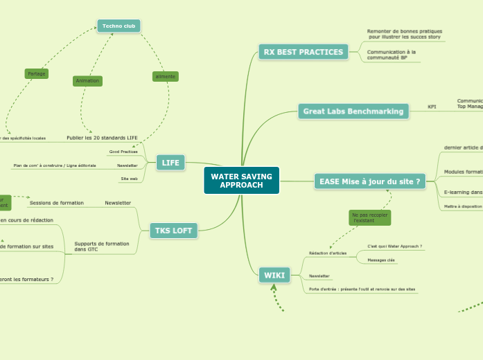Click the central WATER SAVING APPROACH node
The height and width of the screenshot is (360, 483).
pos(241,181)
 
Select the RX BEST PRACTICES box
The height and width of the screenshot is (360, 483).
pos(303,52)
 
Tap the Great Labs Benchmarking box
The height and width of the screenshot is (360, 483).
pos(353,111)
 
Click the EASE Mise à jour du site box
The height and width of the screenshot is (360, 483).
pos(369,181)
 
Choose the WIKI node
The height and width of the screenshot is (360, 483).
pos(274,275)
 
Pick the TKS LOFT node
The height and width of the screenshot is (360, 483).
pos(173,231)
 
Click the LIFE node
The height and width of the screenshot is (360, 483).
pos(170,163)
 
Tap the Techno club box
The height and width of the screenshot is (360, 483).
pos(118,26)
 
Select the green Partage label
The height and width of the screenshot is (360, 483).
pos(37,73)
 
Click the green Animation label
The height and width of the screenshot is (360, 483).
pos(87,81)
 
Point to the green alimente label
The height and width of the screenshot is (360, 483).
pos(165,76)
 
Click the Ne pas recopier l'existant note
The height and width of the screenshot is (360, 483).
pos(369,218)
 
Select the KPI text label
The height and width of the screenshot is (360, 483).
pos(432,107)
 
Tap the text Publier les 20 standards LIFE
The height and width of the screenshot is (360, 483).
pos(102,138)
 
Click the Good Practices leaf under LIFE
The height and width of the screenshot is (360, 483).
pos(123,152)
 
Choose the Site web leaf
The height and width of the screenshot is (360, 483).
pos(129,179)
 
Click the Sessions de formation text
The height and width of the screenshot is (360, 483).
pos(57,203)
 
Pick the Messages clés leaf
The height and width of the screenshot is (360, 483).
pos(380,260)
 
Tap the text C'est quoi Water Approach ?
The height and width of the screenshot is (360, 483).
pos(394,246)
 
